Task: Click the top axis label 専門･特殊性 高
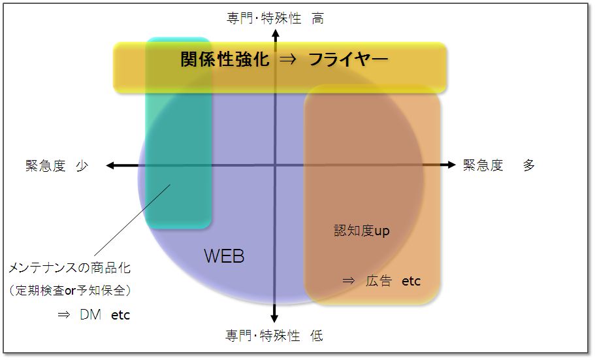(x=275, y=19)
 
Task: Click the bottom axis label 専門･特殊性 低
(x=274, y=336)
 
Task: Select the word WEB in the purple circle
(x=224, y=256)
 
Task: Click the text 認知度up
(x=361, y=231)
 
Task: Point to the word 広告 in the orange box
(x=379, y=281)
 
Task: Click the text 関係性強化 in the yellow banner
(x=225, y=60)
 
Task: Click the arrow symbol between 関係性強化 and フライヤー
(x=289, y=61)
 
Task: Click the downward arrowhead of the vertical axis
(x=275, y=318)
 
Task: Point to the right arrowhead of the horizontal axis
(x=451, y=165)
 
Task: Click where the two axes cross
(x=276, y=165)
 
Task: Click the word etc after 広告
(x=411, y=281)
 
